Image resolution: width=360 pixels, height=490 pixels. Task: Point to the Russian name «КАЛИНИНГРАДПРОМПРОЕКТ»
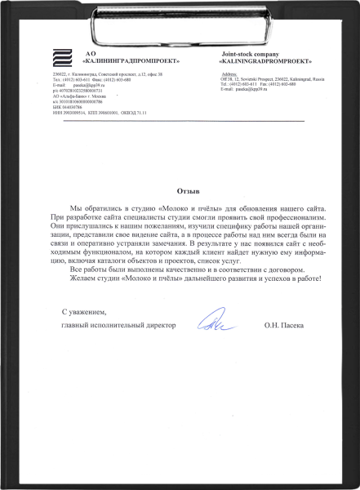pos(130,62)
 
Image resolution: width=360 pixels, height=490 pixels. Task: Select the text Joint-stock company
pos(247,53)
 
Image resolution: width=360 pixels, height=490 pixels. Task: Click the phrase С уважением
pos(84,312)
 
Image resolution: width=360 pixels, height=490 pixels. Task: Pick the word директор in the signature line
pos(161,326)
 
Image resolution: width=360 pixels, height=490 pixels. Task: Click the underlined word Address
pos(229,74)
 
